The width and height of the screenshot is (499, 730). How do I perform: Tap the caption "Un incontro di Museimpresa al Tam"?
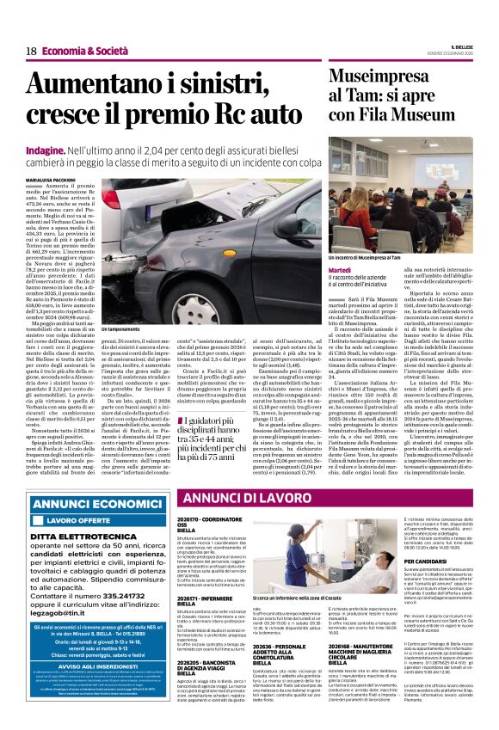365,257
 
